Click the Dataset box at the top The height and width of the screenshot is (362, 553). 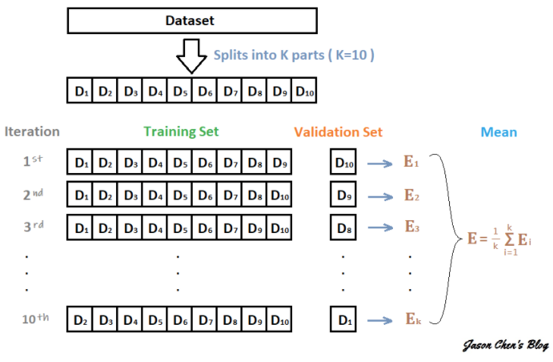[x=192, y=20]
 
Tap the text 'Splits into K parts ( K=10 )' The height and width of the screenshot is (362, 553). [x=294, y=55]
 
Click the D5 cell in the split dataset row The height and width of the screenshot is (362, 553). [x=180, y=90]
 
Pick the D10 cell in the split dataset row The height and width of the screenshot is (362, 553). [x=304, y=90]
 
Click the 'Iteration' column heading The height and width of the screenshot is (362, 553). [x=32, y=131]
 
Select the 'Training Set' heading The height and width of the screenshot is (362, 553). [x=181, y=131]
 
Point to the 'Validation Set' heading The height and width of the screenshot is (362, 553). [x=338, y=132]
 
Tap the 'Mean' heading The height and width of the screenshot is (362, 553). [x=498, y=132]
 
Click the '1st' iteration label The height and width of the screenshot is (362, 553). [x=33, y=161]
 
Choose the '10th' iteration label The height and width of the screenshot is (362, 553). [x=36, y=318]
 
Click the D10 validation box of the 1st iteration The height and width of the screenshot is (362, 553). [x=343, y=162]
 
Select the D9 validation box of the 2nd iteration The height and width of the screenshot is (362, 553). [x=343, y=194]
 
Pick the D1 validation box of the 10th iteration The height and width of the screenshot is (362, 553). [x=343, y=320]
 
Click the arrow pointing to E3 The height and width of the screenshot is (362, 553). [x=380, y=228]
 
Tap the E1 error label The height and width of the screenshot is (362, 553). [x=411, y=162]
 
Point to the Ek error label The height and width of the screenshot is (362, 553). [x=413, y=319]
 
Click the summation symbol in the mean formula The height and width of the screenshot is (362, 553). [x=510, y=240]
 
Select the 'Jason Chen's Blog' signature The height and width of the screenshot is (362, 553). [x=506, y=345]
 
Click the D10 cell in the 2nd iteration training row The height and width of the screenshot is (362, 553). [x=279, y=194]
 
